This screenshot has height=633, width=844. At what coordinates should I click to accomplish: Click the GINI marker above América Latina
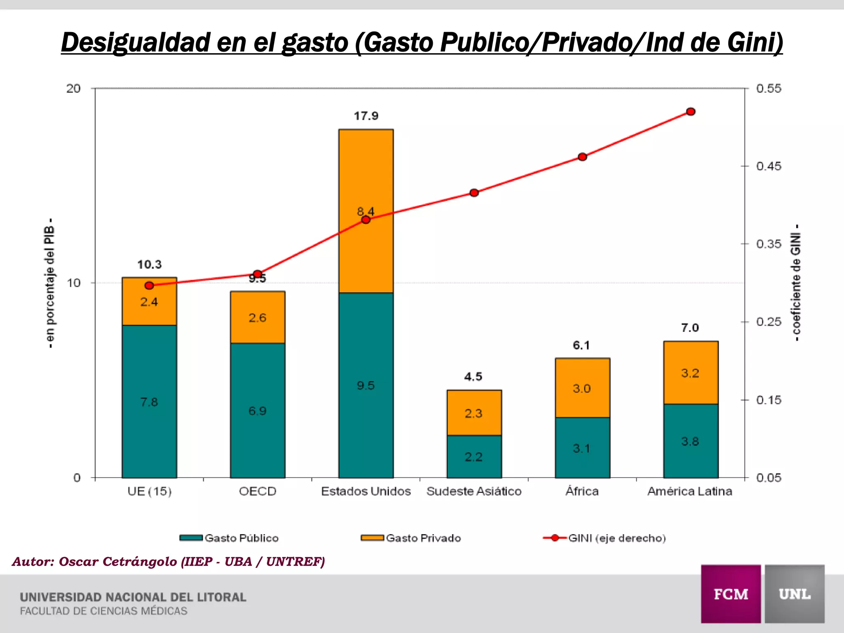[x=691, y=112]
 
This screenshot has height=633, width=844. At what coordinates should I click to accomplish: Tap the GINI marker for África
[x=582, y=157]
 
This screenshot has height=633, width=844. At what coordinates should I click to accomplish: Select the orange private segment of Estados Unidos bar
[x=366, y=173]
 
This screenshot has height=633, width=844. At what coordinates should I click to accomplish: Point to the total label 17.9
[x=366, y=116]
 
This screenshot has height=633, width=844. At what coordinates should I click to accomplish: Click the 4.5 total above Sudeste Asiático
[x=473, y=377]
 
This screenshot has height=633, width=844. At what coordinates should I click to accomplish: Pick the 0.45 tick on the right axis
[x=768, y=166]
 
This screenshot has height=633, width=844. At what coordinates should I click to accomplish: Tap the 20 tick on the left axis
[x=73, y=88]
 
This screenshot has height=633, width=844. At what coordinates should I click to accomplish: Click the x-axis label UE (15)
[x=149, y=491]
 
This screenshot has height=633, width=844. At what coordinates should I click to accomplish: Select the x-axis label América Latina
[x=689, y=491]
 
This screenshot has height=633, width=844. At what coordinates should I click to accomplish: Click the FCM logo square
[x=731, y=594]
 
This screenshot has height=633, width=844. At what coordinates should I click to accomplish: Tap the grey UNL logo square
[x=795, y=594]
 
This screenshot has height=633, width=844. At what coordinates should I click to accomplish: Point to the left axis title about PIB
[x=49, y=283]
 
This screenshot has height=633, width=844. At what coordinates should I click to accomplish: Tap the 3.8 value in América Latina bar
[x=690, y=441]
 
